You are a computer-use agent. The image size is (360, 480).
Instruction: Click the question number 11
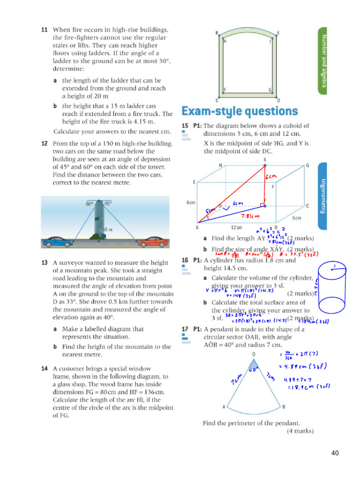click(45, 30)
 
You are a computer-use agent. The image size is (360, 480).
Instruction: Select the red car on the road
click(152, 242)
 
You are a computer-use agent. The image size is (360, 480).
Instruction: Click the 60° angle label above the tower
click(90, 204)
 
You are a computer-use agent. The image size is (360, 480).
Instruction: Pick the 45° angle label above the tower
click(108, 204)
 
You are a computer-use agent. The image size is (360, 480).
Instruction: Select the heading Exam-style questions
click(239, 111)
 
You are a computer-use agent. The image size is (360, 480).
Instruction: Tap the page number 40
click(335, 453)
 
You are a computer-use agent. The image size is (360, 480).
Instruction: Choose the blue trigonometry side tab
click(322, 196)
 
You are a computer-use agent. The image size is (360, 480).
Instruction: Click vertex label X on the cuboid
click(265, 160)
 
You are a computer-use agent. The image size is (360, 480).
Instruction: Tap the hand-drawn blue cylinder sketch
click(333, 293)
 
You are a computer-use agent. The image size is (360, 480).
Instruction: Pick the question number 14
click(45, 368)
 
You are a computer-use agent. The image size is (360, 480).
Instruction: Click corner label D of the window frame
click(278, 100)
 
